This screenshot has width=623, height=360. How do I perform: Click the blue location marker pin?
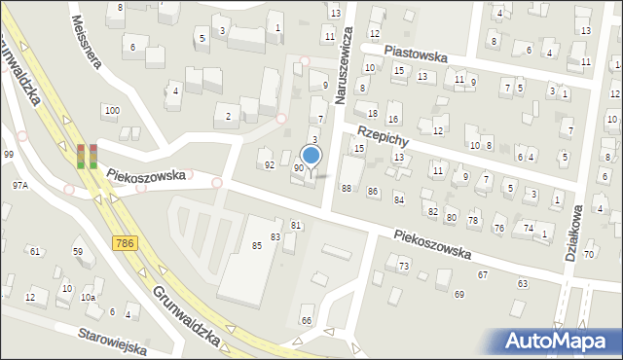click(311, 156)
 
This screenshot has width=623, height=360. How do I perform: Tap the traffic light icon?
click(87, 156)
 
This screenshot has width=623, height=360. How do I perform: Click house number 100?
click(112, 111)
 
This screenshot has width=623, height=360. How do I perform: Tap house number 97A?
click(19, 184)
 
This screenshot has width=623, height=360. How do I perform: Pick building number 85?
click(257, 245)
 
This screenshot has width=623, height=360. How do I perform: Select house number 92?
click(269, 165)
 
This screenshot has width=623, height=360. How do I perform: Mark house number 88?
click(347, 188)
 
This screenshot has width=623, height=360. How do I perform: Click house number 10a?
click(89, 297)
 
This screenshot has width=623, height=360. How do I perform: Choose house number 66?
click(307, 320)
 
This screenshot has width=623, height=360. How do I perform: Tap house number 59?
click(78, 251)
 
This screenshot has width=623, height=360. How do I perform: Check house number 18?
click(372, 114)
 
